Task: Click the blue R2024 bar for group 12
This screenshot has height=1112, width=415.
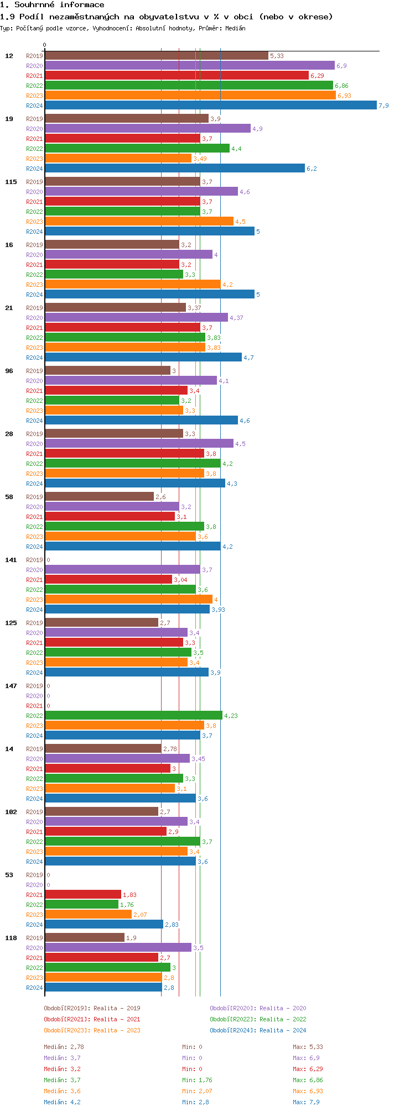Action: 210,106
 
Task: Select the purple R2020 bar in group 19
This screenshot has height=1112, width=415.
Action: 147,129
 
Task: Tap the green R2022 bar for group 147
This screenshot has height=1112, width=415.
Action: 133,716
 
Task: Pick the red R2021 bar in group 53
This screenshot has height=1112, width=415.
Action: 82,895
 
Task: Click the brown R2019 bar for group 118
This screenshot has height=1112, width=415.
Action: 84,938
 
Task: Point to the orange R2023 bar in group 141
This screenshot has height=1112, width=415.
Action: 128,600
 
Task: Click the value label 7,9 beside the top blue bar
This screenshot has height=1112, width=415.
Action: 383,106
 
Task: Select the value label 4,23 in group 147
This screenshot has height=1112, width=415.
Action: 231,716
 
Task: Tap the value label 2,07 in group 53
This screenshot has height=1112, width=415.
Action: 140,915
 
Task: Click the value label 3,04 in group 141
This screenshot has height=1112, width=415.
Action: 180,580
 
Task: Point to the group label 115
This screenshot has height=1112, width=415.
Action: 11,182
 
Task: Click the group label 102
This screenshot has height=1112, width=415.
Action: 11,812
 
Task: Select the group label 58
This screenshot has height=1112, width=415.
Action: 9,497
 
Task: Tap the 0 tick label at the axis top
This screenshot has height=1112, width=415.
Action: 45,45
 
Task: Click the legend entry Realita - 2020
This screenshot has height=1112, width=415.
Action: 258,1008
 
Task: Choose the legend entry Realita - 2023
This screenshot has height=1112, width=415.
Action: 92,1030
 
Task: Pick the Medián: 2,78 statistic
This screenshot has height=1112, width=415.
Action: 64,1047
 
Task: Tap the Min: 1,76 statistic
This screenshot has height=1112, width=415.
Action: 197,1080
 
